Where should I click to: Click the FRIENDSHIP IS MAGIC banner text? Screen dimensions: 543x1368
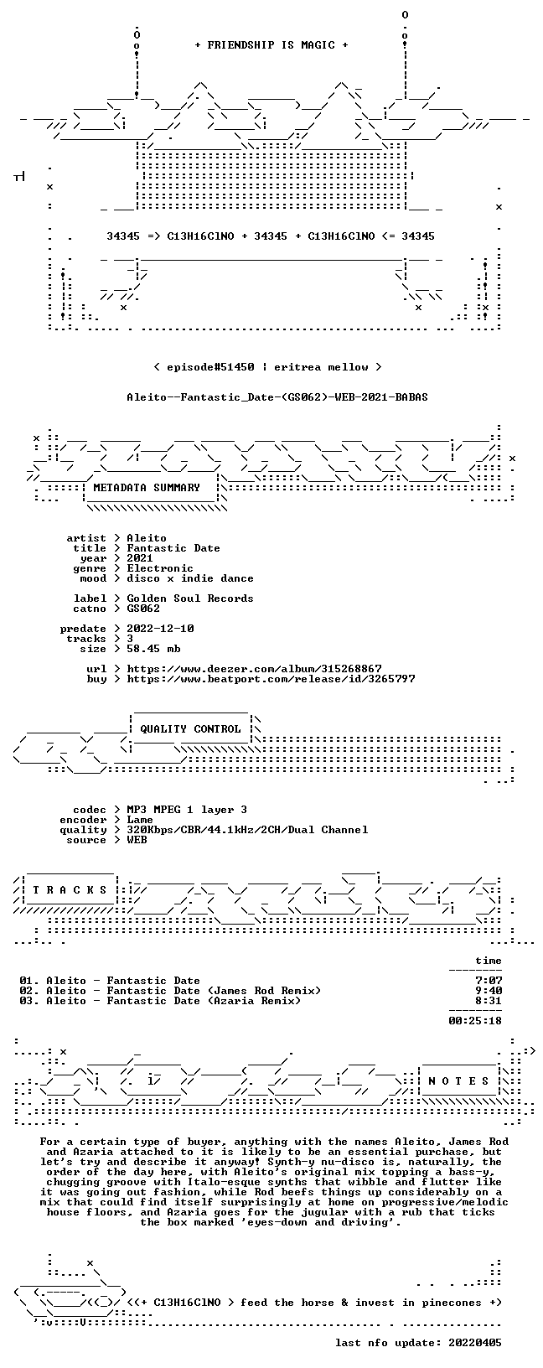pyautogui.click(x=271, y=45)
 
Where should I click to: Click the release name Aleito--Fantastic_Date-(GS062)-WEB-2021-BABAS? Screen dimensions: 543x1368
pyautogui.click(x=277, y=397)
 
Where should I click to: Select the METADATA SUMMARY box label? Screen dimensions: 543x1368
pyautogui.click(x=147, y=488)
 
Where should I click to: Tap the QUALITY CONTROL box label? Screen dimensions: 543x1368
pyautogui.click(x=190, y=729)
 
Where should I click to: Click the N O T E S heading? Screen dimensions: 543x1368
pyautogui.click(x=458, y=1081)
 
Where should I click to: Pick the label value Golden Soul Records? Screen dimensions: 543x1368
pyautogui.click(x=190, y=598)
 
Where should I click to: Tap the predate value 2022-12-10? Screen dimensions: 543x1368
pyautogui.click(x=160, y=629)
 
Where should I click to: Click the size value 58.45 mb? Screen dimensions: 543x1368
pyautogui.click(x=153, y=649)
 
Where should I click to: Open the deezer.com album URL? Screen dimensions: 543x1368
pyautogui.click(x=254, y=669)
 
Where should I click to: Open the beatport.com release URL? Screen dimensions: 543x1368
pyautogui.click(x=271, y=678)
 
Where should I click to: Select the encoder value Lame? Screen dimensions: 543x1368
pyautogui.click(x=140, y=820)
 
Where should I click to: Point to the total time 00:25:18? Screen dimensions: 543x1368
pyautogui.click(x=475, y=1020)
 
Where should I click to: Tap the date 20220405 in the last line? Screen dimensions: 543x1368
pyautogui.click(x=475, y=1360)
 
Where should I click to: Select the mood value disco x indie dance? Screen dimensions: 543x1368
pyautogui.click(x=190, y=578)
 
